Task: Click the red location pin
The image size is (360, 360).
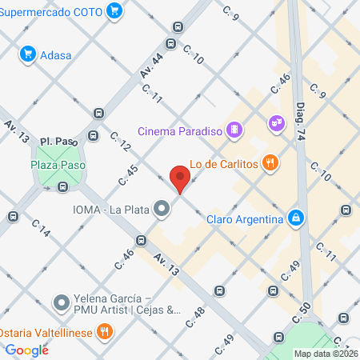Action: coord(180,178)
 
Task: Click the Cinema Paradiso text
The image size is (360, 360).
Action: coord(180,130)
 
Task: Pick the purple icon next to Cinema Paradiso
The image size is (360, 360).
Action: coord(234,129)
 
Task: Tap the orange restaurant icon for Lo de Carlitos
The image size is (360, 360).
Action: coord(271,163)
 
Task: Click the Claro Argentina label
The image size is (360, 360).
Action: coord(245,218)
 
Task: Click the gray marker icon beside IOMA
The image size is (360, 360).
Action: coord(163,210)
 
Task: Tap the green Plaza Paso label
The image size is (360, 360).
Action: coord(58,165)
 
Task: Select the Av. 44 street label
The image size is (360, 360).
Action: coord(151,65)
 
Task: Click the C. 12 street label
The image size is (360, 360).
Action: coord(120,142)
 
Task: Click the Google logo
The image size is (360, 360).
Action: coord(26,350)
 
